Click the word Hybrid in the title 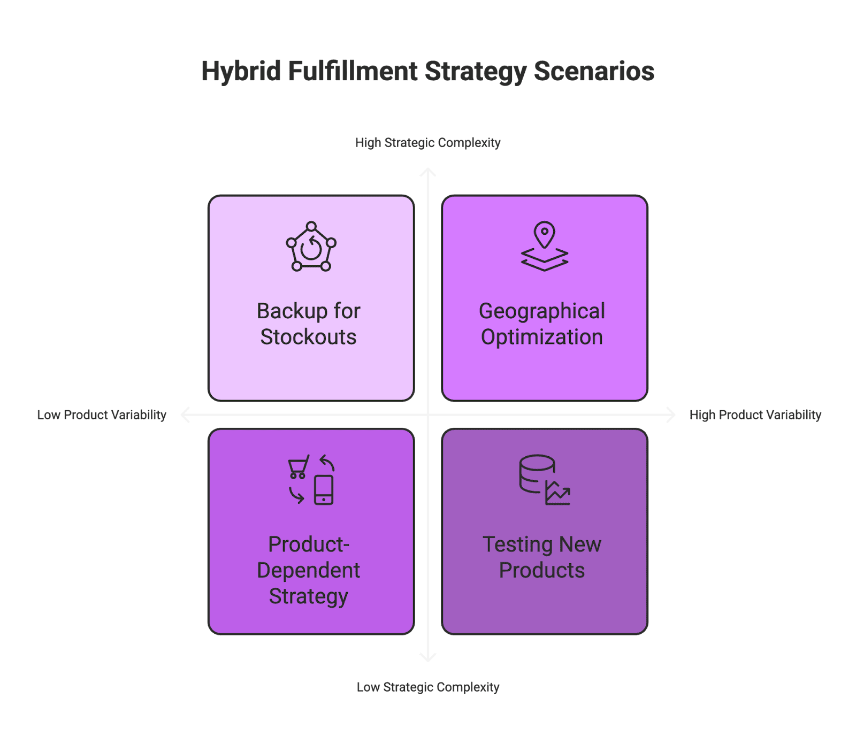[241, 72]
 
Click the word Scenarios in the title [594, 72]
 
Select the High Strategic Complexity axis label [427, 143]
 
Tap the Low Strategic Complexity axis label [427, 687]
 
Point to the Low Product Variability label [102, 415]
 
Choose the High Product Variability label [755, 415]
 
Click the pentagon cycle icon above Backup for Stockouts [311, 247]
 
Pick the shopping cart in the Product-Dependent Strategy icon [299, 467]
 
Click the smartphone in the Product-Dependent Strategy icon [324, 489]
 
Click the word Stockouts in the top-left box [308, 337]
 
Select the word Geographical [541, 311]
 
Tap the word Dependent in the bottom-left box [308, 571]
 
